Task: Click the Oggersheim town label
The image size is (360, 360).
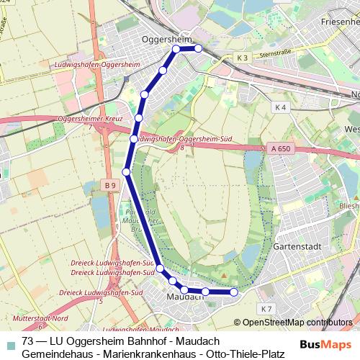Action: coord(166,39)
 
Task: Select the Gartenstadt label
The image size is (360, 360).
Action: coord(297,246)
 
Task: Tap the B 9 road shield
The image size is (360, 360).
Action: coord(109,186)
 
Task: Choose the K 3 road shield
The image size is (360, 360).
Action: coord(242,58)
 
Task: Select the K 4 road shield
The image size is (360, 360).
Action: coord(281,107)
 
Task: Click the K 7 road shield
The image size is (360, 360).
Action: coord(266,309)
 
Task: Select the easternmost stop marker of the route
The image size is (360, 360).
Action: coord(233,292)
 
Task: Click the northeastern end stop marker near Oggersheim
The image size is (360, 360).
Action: coord(198,48)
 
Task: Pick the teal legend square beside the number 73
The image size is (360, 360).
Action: coord(9,341)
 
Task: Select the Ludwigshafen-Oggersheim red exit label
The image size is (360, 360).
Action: coord(96,65)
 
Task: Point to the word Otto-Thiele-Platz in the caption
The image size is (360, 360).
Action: coord(245,354)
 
